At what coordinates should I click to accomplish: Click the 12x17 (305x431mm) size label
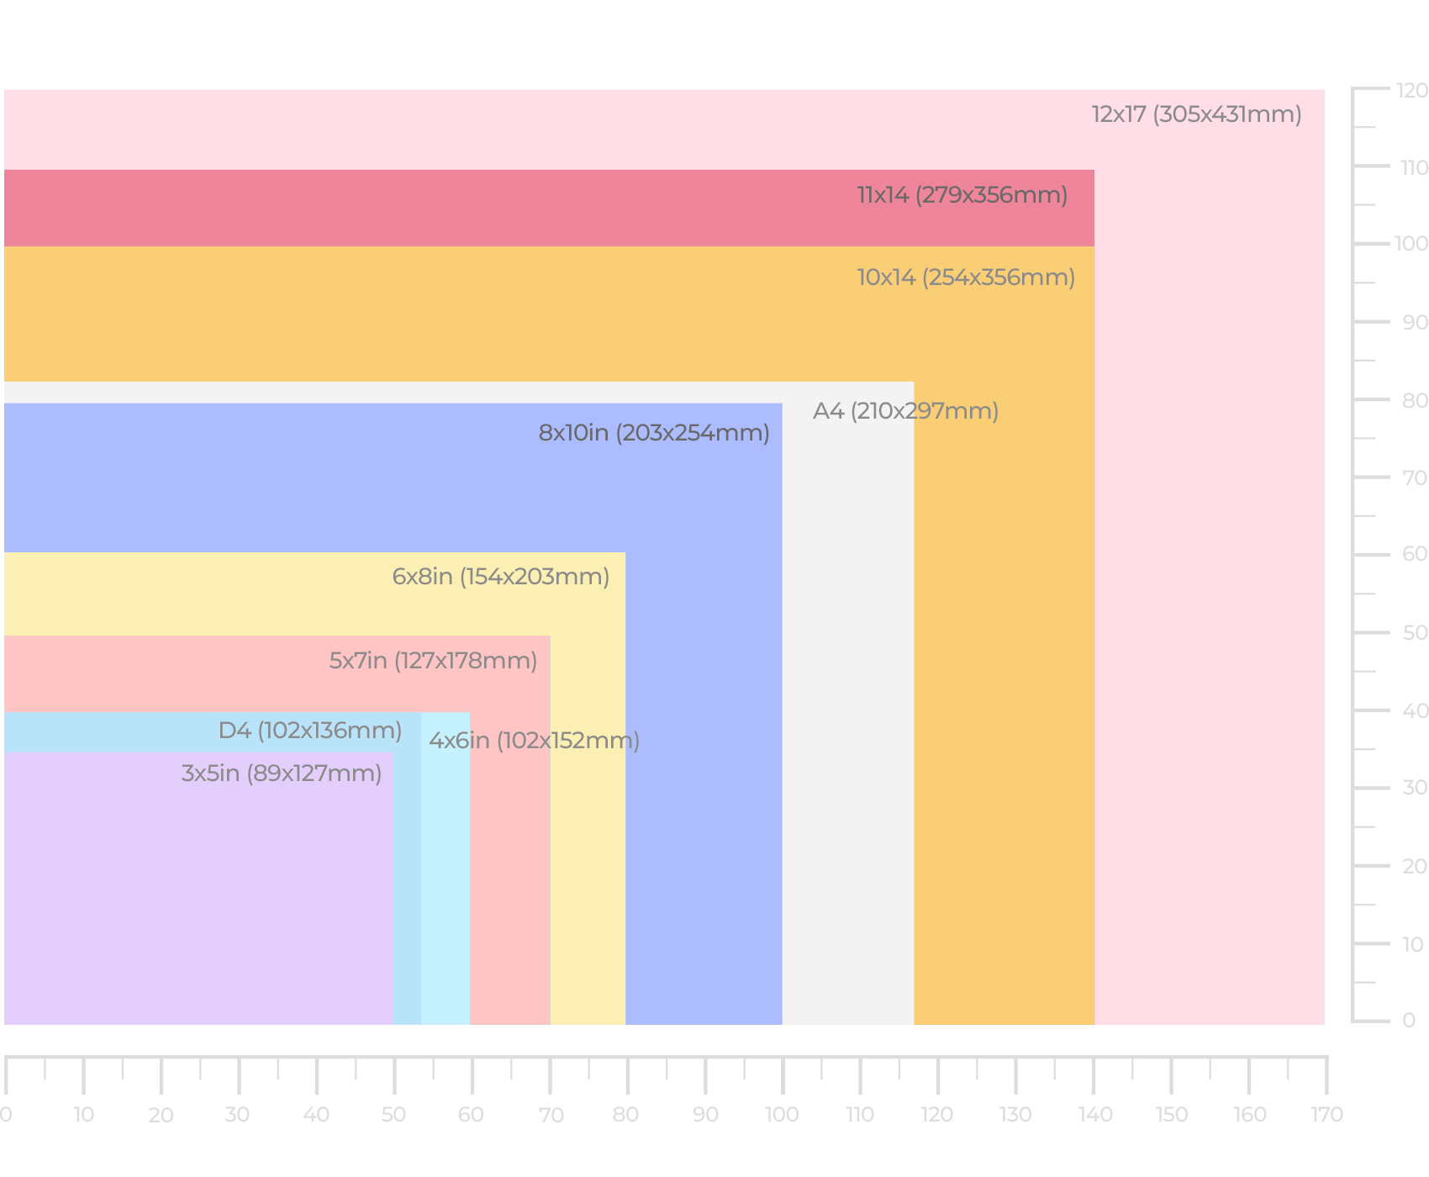[1196, 114]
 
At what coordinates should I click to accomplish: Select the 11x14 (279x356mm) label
[962, 195]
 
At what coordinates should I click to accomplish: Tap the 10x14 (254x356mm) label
[966, 277]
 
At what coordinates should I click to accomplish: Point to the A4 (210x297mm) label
[905, 411]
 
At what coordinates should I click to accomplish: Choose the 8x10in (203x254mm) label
[654, 433]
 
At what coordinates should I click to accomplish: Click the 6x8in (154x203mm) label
[500, 577]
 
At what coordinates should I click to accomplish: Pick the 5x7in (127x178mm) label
[433, 661]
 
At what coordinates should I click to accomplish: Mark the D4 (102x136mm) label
[309, 731]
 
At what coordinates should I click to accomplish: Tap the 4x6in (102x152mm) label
[534, 741]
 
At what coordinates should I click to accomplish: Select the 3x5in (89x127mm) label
[282, 773]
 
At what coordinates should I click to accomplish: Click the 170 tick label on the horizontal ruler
[1326, 1115]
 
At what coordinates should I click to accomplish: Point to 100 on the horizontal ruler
[782, 1115]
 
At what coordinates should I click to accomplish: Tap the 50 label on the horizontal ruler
[393, 1115]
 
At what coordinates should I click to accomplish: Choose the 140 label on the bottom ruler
[1095, 1115]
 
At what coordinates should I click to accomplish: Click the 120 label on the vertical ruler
[1412, 90]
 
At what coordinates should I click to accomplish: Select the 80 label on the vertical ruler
[1415, 400]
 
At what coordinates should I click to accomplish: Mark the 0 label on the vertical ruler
[1409, 1021]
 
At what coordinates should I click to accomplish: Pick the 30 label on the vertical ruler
[1415, 788]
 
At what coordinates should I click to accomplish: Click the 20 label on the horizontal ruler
[161, 1115]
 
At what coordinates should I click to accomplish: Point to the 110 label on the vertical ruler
[1414, 167]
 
